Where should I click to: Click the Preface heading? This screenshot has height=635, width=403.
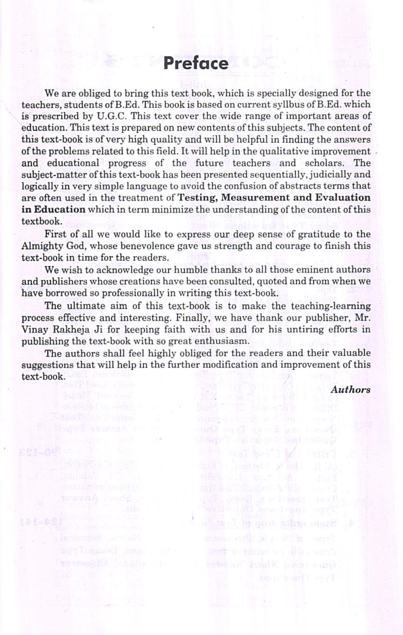(x=196, y=63)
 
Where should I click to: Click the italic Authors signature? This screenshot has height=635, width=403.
(x=351, y=389)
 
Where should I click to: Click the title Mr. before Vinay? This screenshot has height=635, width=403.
(x=362, y=317)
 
